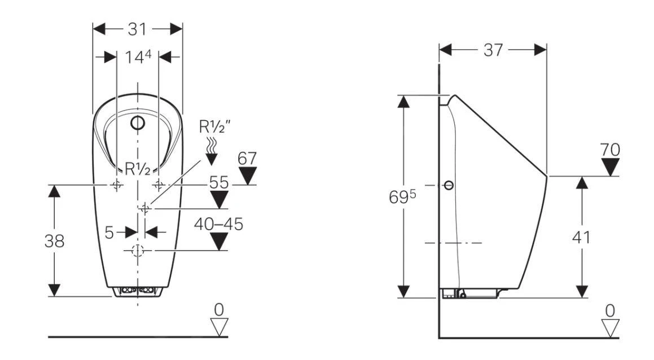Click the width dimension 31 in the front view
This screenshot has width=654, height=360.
click(137, 29)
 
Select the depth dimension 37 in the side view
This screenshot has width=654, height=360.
click(493, 50)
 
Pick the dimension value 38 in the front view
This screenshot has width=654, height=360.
click(54, 241)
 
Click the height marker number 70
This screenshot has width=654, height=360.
click(610, 150)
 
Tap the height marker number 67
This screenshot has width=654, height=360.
click(247, 159)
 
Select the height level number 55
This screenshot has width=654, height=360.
click(220, 182)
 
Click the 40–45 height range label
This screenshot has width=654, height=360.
click(218, 224)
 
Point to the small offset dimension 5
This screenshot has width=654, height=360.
click(109, 231)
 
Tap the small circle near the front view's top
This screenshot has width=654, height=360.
click(138, 122)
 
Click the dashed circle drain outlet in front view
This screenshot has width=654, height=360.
click(138, 251)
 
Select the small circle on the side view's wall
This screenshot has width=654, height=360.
click(449, 185)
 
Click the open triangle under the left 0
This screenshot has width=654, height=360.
click(219, 327)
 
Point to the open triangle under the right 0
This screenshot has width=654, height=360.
click(610, 328)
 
